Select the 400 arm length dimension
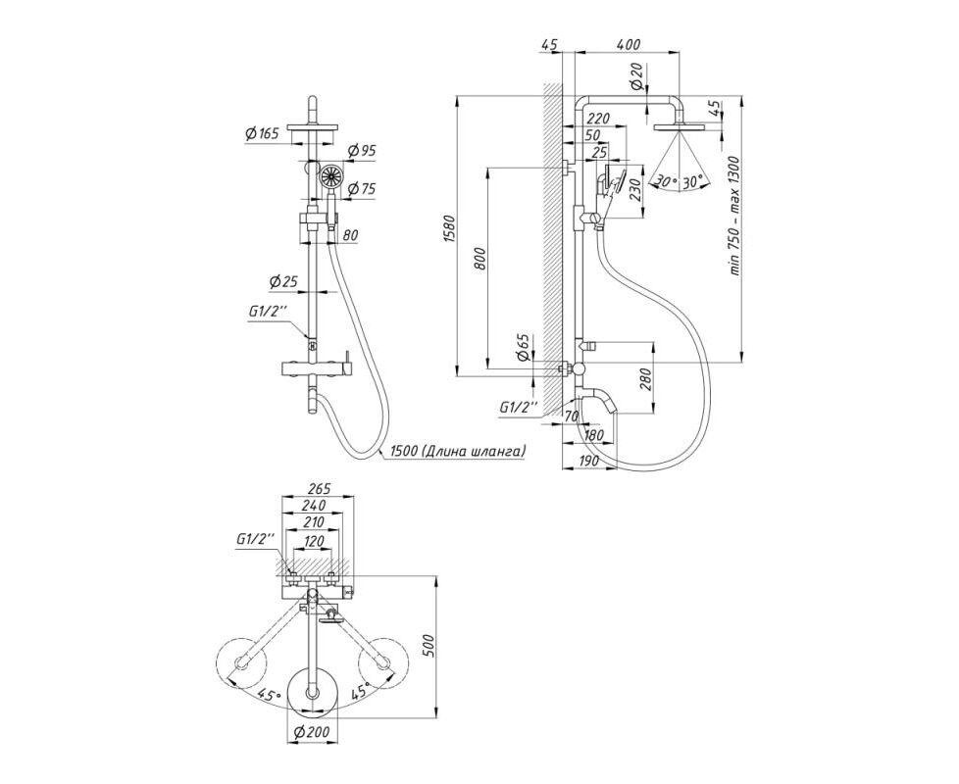(629, 45)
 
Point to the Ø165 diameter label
(262, 134)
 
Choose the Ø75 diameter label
(361, 189)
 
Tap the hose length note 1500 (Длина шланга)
(455, 452)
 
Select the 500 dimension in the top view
(429, 647)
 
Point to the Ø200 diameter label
(312, 731)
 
